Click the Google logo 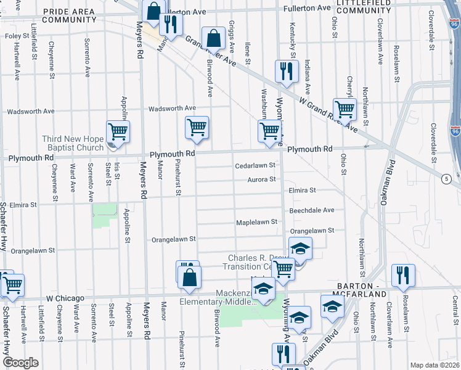tap(20, 363)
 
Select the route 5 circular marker tap(446, 178)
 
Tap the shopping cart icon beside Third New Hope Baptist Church tap(117, 131)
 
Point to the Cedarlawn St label tap(254, 166)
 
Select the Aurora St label tap(261, 179)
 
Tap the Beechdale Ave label tap(312, 210)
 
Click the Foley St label tap(13, 36)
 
